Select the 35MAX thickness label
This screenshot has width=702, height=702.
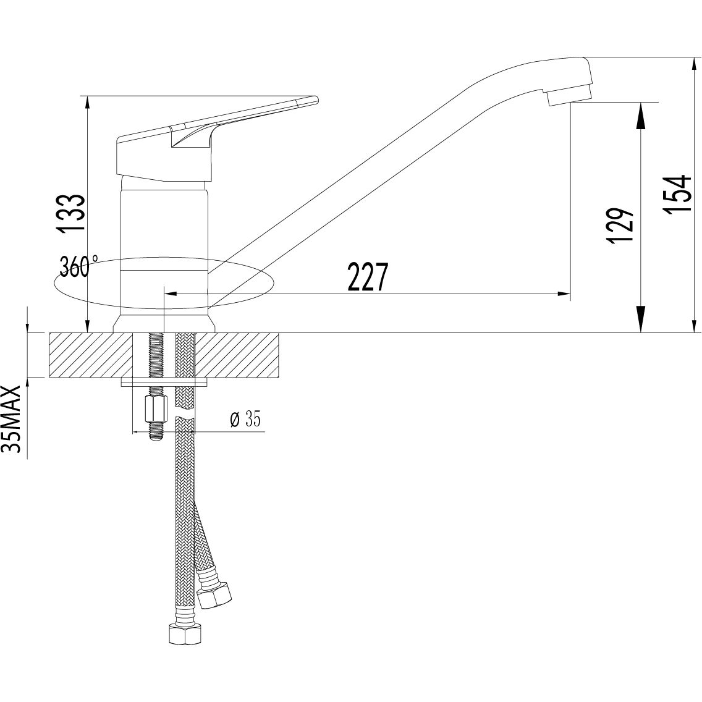click(15, 419)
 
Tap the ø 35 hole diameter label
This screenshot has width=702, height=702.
click(245, 420)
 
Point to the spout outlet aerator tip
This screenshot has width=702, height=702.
click(569, 96)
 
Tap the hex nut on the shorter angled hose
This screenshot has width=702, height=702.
click(214, 594)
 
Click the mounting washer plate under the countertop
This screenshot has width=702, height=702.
click(164, 383)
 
